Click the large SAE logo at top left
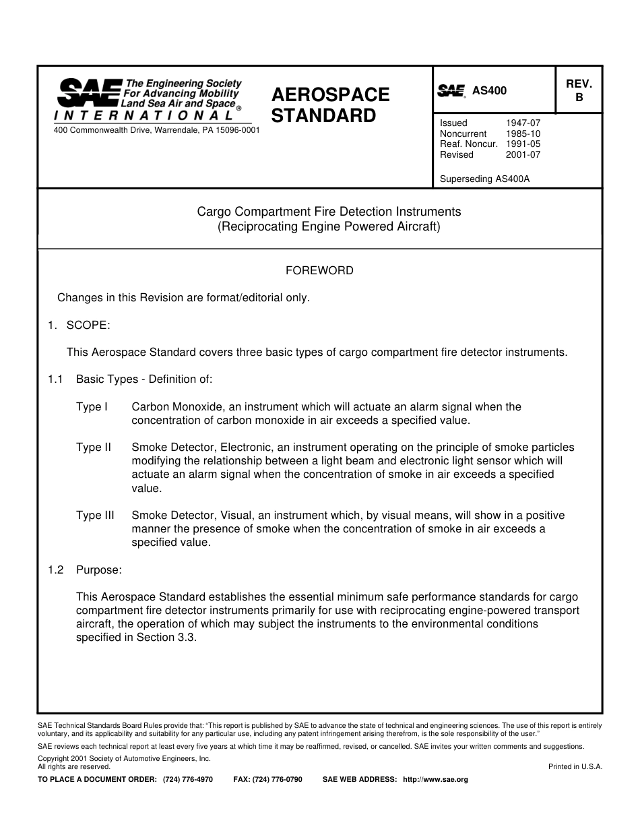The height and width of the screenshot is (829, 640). click(x=90, y=93)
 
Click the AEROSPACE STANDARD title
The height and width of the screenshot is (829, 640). click(x=330, y=105)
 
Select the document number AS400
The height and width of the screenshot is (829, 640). click(x=489, y=91)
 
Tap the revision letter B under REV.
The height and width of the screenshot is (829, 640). click(x=578, y=97)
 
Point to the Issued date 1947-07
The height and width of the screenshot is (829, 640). click(x=523, y=123)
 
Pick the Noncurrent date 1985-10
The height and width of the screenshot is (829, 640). click(x=523, y=133)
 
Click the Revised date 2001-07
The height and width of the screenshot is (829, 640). click(x=523, y=154)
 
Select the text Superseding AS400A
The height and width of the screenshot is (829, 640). click(x=484, y=179)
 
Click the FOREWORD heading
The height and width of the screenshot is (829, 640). click(x=319, y=270)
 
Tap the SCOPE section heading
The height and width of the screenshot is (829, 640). click(x=88, y=325)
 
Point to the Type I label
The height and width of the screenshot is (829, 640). click(x=92, y=406)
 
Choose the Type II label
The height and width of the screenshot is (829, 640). click(x=94, y=447)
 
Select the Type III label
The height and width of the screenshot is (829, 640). click(x=95, y=515)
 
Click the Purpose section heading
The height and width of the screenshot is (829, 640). click(x=98, y=570)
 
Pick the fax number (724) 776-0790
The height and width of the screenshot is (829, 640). click(x=277, y=779)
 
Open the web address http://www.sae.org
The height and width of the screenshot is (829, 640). click(x=435, y=779)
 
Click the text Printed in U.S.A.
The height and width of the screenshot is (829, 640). click(x=575, y=766)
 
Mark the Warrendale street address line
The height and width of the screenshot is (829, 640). click(x=156, y=129)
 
